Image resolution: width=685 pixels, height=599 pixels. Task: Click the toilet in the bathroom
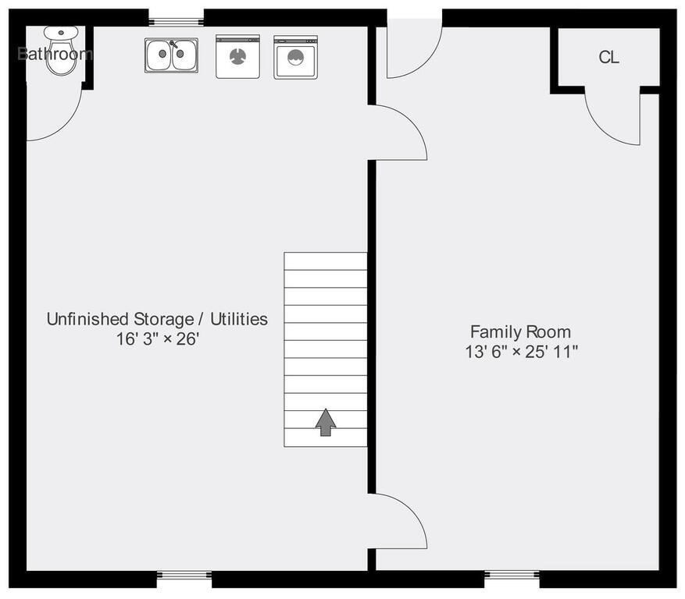click(61, 51)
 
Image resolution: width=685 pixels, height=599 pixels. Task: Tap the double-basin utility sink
click(171, 55)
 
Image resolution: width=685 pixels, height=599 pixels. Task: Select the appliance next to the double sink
click(237, 57)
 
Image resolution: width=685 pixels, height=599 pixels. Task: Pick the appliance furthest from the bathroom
click(296, 57)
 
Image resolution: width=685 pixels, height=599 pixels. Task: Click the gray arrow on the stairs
click(326, 422)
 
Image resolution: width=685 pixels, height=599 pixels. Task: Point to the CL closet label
click(608, 57)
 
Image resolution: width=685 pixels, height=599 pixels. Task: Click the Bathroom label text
click(55, 54)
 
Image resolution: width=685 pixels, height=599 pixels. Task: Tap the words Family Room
click(520, 332)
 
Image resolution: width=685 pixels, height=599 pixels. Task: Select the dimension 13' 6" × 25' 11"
click(521, 352)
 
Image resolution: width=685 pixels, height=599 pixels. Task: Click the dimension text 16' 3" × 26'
click(157, 338)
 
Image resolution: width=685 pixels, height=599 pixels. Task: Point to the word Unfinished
click(87, 319)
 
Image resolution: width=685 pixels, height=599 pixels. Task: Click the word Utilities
click(239, 319)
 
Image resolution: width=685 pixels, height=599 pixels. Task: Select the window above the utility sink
click(176, 21)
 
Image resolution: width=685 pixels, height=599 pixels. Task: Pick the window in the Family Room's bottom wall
click(512, 575)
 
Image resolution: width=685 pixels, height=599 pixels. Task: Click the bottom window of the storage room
click(184, 575)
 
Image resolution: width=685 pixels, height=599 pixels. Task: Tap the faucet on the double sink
click(173, 44)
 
